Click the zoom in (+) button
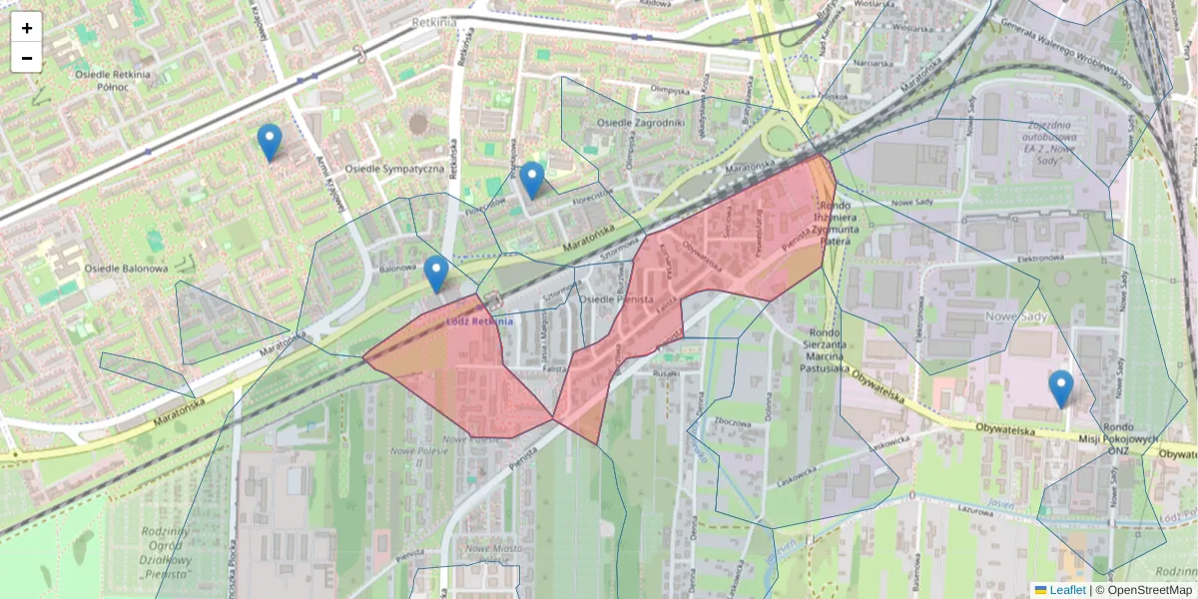pos(27,27)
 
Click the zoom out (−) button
pos(27,58)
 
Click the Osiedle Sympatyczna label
pos(393,170)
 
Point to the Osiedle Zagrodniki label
pos(640,123)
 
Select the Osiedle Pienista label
pos(616,299)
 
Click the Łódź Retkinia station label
pos(479,321)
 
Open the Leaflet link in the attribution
pos(1067,590)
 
